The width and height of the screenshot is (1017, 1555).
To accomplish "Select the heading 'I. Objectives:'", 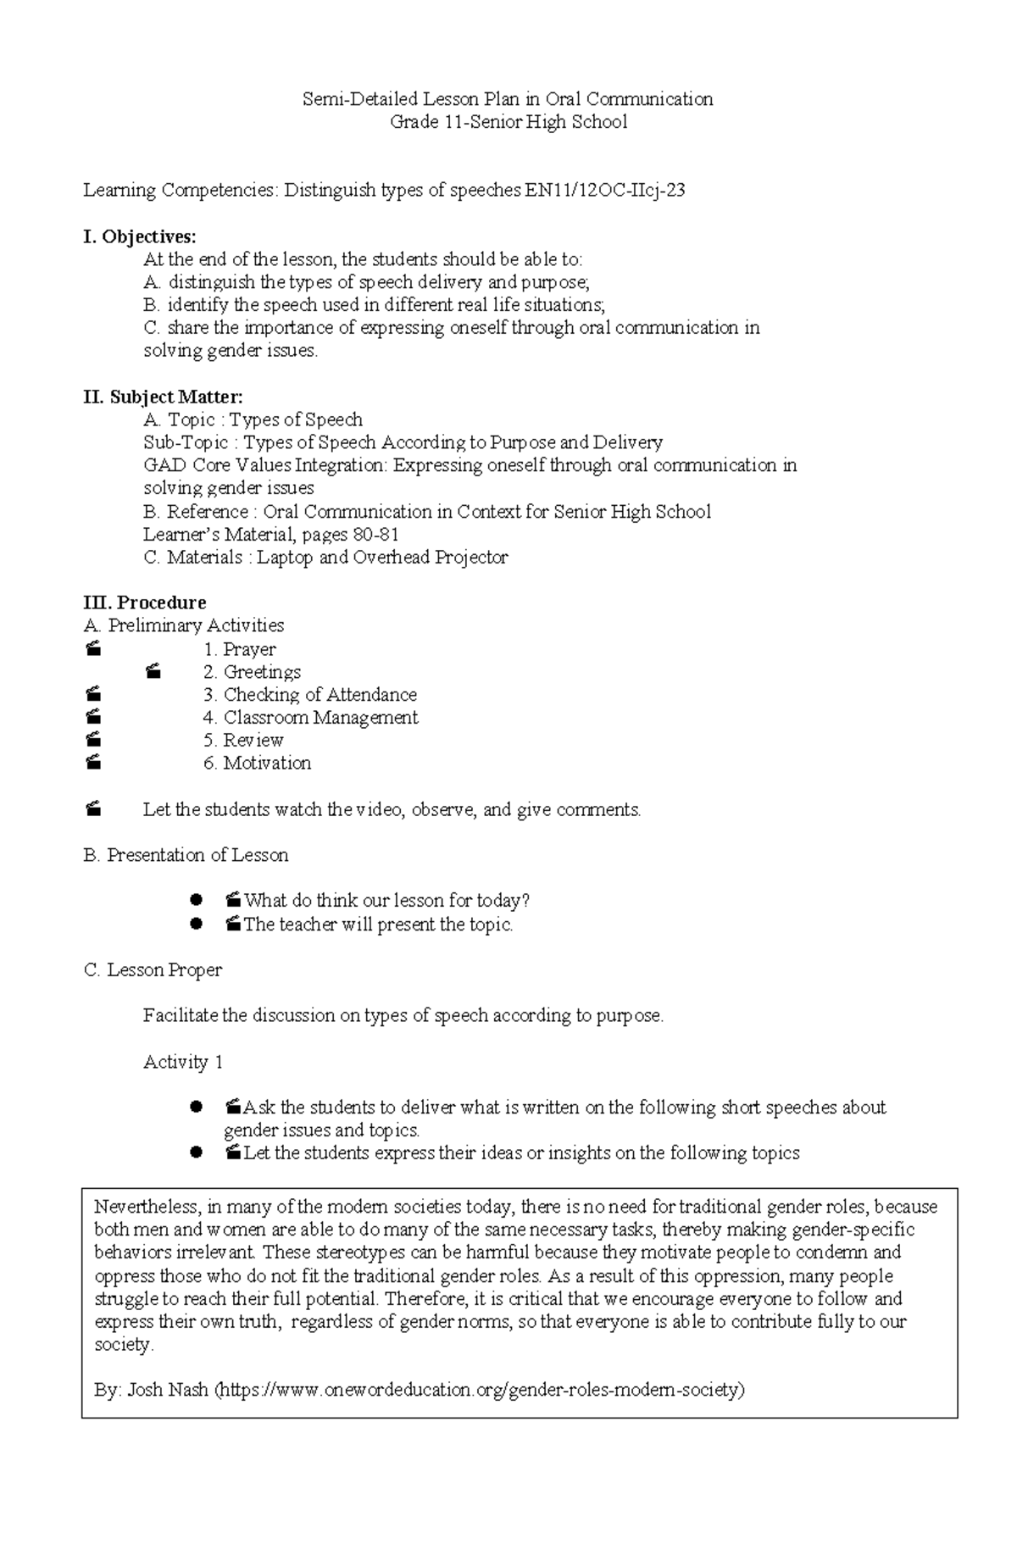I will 139,236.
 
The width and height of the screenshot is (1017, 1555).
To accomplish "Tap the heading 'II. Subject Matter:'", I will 163,397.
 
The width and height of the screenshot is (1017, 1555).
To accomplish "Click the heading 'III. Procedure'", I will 145,603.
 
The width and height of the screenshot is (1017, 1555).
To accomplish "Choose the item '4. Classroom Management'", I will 310,718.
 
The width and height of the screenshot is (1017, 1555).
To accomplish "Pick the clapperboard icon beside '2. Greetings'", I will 153,672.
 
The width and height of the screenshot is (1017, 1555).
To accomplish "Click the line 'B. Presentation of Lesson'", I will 186,855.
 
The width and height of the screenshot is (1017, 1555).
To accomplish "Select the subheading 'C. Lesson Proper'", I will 153,970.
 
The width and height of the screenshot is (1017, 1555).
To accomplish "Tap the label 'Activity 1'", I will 183,1062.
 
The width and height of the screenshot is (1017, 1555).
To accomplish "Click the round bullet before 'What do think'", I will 197,900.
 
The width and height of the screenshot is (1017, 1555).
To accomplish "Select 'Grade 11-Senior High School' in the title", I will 508,122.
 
